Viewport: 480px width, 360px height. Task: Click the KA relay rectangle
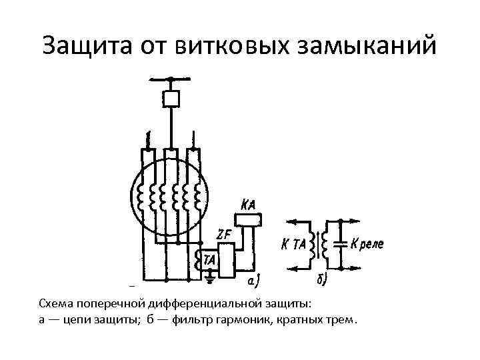tap(248, 219)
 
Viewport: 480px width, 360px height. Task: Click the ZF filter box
tap(227, 261)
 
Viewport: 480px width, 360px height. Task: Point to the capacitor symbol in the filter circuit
tap(341, 244)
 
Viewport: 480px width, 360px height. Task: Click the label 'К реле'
tap(366, 245)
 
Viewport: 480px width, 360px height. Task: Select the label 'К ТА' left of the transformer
tap(293, 245)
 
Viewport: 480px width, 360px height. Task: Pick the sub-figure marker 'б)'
tap(321, 281)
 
